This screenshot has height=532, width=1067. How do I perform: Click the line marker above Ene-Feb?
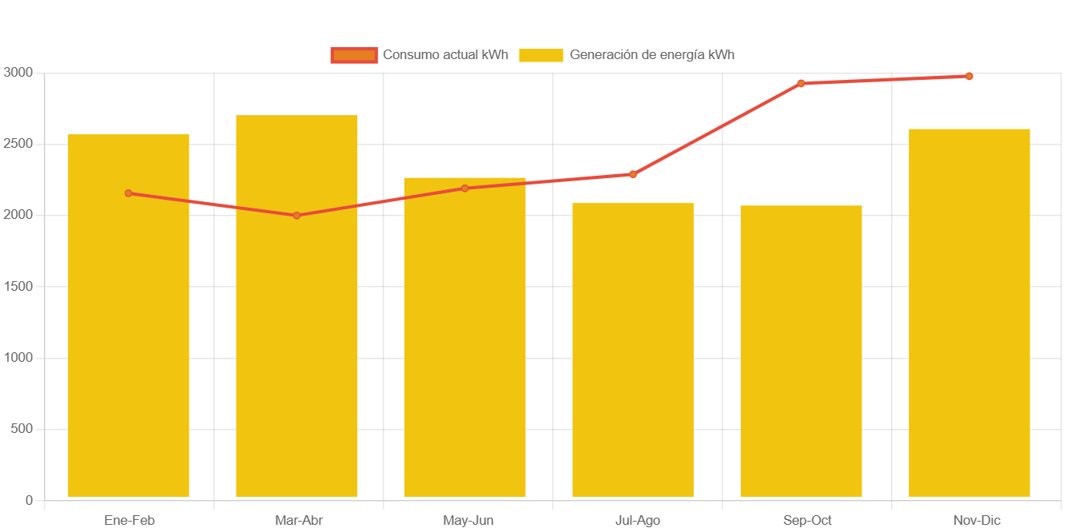(x=129, y=193)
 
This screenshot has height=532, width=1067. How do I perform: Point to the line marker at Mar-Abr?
(x=297, y=216)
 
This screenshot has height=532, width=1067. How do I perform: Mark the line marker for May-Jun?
(x=465, y=189)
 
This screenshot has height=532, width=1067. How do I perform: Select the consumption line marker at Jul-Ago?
(x=633, y=174)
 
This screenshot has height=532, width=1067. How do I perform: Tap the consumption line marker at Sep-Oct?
(x=801, y=83)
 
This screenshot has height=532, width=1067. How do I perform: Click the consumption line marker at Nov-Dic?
(x=969, y=77)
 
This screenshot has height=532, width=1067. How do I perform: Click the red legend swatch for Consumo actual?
(x=354, y=55)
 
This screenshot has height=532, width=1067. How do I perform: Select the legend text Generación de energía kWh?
(x=651, y=55)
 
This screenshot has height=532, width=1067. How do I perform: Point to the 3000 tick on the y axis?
(x=18, y=72)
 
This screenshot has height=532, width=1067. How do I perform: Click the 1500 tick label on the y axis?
(x=18, y=286)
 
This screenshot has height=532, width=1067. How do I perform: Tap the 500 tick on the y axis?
(x=22, y=429)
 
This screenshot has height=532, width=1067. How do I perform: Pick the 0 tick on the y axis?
(x=29, y=500)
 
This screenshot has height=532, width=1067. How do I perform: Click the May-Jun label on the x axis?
(x=468, y=521)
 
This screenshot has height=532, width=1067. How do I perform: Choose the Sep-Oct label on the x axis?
(x=807, y=521)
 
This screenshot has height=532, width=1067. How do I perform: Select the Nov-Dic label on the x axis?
(x=976, y=521)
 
